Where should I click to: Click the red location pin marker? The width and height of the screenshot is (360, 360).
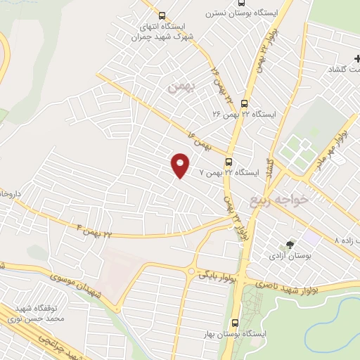point(180,165)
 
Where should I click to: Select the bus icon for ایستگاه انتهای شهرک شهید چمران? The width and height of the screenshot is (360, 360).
point(163,15)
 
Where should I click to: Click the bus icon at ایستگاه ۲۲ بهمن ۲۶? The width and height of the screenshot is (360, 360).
point(244,103)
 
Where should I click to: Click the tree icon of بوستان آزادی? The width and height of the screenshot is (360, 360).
point(288,245)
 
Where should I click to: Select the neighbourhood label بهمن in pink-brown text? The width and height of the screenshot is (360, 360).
point(179,88)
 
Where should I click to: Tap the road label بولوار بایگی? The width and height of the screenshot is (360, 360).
point(215,272)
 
